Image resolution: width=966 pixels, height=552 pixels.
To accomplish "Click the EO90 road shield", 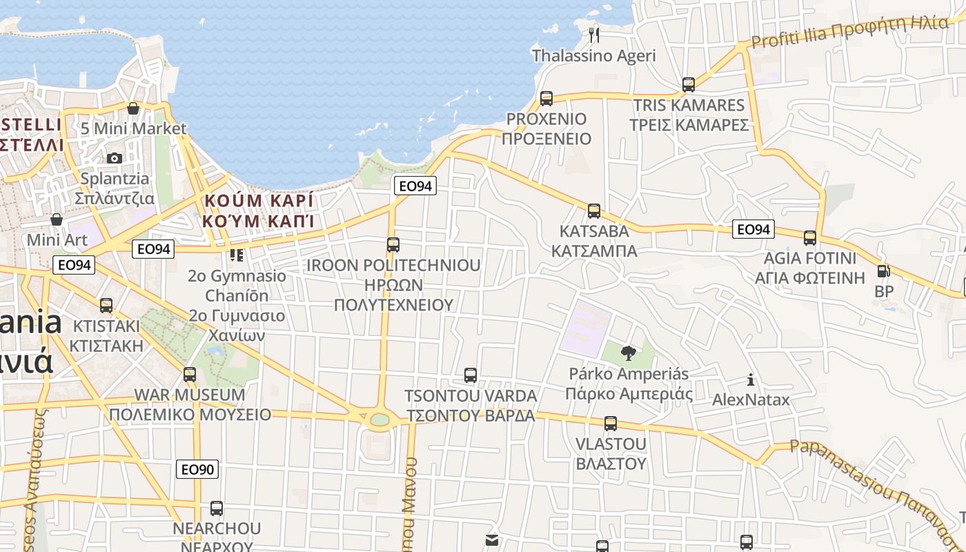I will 197,470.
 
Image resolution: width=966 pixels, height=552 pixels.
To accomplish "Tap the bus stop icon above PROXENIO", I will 546,99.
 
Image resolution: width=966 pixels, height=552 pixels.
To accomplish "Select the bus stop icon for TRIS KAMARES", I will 688,85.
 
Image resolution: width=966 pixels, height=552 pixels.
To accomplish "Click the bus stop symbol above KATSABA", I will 593,211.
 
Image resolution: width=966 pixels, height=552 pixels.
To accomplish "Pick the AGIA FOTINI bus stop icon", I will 810,238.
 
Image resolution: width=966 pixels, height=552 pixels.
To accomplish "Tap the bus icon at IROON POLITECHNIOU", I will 393,245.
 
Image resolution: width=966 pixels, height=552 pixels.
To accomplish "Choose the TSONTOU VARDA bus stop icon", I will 471,375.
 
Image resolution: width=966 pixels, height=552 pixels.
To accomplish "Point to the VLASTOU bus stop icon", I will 610,423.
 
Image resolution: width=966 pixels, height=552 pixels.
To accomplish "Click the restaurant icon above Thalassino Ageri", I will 594,34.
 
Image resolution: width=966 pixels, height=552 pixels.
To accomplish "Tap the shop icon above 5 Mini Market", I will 133,108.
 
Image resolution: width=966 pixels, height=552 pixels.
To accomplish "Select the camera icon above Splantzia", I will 115,158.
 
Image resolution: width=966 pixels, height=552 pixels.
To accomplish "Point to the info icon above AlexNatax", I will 751,379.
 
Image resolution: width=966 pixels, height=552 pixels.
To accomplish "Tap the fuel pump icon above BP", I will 883,271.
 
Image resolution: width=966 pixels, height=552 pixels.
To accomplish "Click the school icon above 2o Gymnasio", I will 237,255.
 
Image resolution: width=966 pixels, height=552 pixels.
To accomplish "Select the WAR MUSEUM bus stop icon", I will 190,375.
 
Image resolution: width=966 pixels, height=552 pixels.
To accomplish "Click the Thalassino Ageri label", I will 593,56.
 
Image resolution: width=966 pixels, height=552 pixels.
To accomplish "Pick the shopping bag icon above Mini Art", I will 57,219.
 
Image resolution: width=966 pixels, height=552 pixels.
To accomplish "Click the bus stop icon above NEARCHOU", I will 217,509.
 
